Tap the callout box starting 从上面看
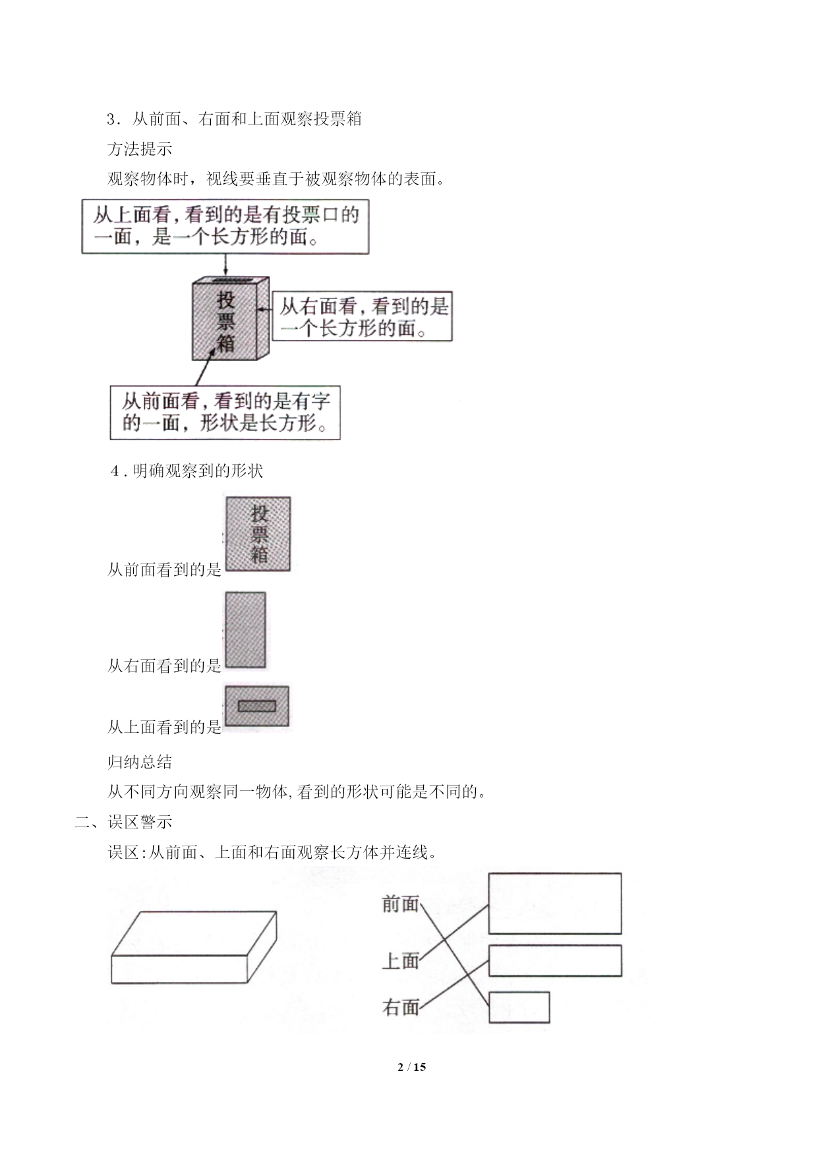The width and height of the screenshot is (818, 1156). [225, 226]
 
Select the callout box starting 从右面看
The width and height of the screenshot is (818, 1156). [362, 316]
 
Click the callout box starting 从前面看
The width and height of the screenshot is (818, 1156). [225, 413]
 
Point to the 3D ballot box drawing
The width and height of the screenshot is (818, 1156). [231, 318]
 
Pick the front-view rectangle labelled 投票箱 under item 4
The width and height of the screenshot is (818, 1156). [258, 534]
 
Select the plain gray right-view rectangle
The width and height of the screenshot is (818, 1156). [245, 630]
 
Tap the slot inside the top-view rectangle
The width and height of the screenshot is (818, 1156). [256, 707]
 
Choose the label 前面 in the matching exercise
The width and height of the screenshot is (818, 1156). [400, 904]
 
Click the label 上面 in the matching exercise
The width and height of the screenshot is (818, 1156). [400, 961]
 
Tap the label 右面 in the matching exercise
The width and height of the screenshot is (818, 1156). [400, 1007]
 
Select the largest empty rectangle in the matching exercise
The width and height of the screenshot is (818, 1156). [555, 904]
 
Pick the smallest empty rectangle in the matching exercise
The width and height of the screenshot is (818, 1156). [519, 1007]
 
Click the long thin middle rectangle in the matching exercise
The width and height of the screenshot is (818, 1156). [555, 960]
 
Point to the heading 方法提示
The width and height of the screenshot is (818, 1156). [140, 149]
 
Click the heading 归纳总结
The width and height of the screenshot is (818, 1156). [140, 762]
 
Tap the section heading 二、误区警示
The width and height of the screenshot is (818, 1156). [123, 822]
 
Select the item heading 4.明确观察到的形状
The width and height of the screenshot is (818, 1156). [187, 471]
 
